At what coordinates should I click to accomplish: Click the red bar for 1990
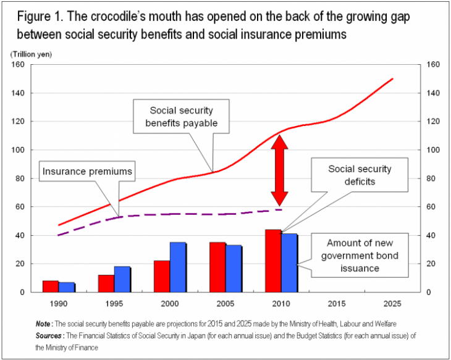(x=51, y=286)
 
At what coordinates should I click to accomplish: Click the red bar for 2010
(x=273, y=261)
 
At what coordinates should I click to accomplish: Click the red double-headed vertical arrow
(x=280, y=170)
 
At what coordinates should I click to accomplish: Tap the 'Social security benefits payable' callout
(x=181, y=117)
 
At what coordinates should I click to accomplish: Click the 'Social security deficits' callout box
(x=359, y=175)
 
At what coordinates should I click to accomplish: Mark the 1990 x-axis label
(x=59, y=304)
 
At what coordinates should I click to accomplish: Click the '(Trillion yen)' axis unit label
(x=31, y=54)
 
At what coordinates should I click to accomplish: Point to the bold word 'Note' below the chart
(x=44, y=324)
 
